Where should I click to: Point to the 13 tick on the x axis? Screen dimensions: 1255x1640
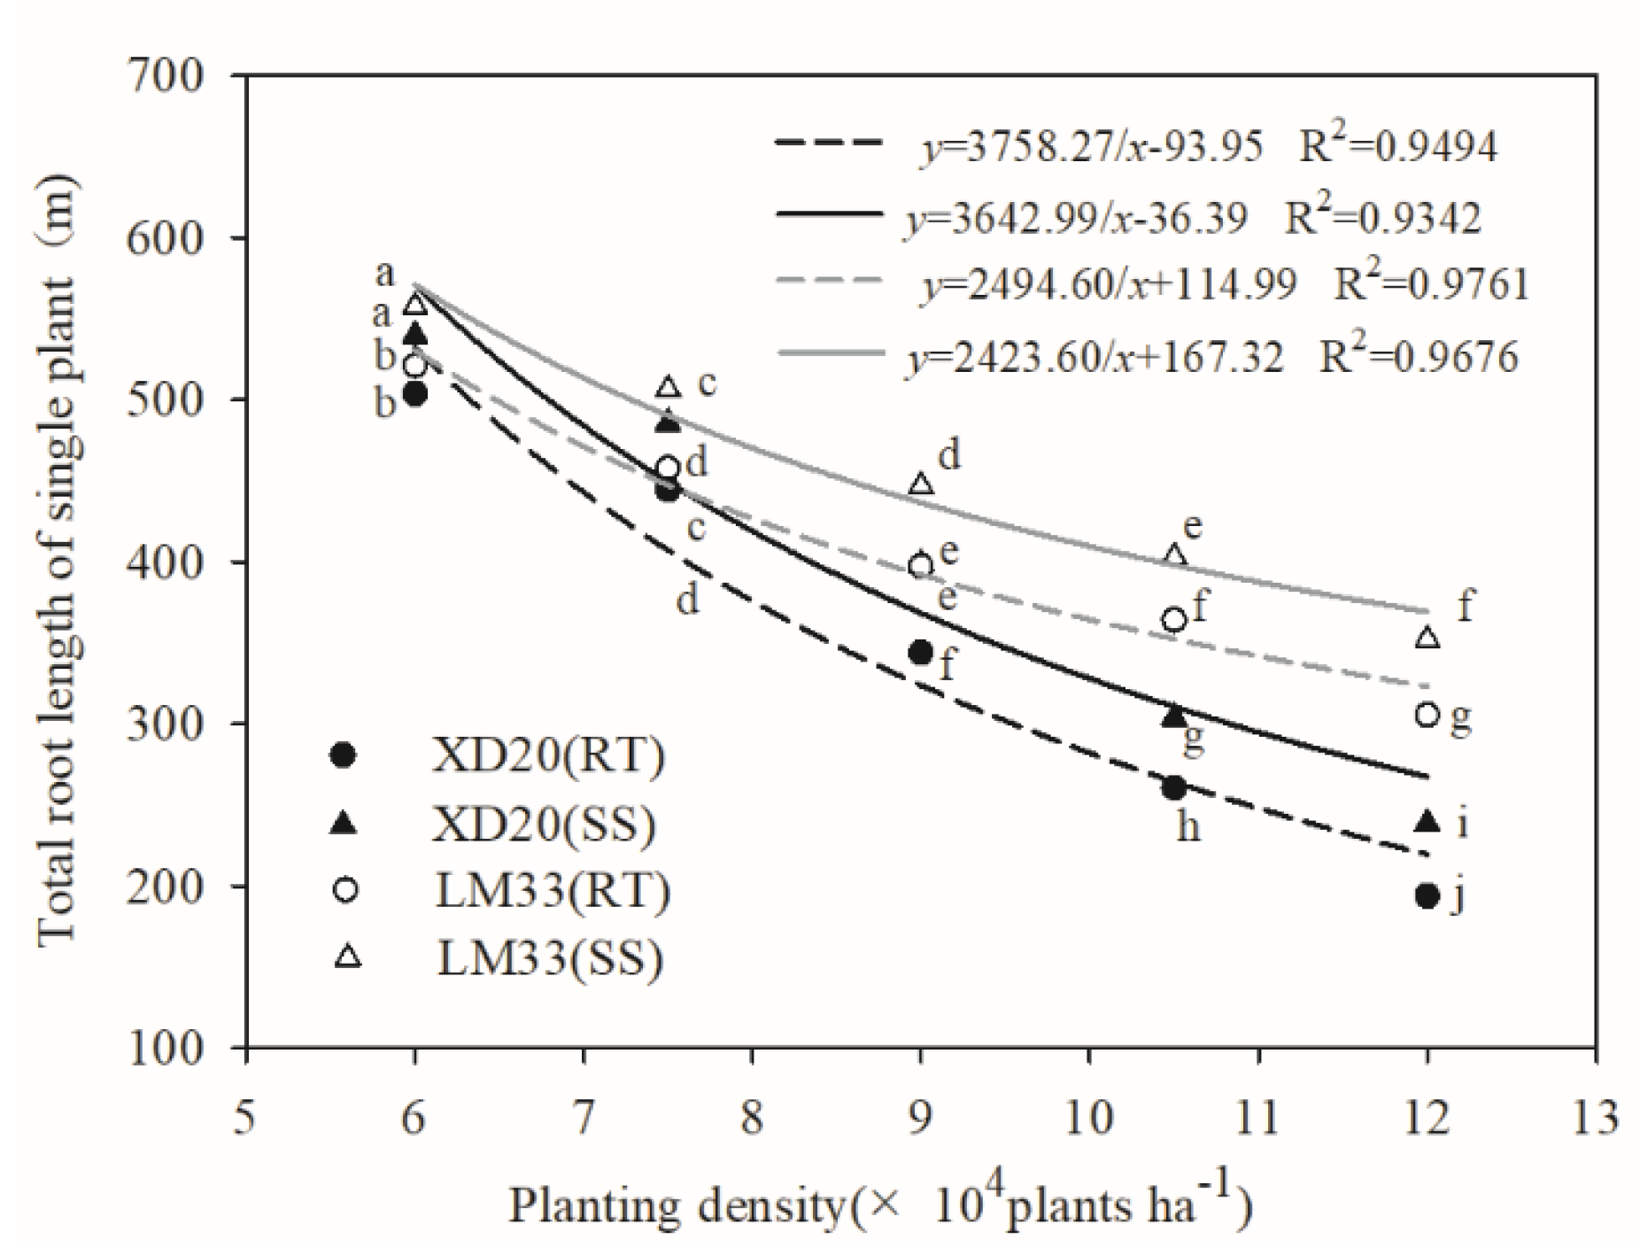pos(1595,1117)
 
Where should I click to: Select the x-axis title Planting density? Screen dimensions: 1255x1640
pos(878,1206)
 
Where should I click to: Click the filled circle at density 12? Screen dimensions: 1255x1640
pos(1426,896)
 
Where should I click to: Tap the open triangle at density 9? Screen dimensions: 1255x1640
pos(921,484)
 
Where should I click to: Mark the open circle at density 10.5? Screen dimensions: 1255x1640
pos(1173,619)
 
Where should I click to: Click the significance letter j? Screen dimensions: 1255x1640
pos(1457,896)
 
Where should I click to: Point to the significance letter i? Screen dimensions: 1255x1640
pos(1463,824)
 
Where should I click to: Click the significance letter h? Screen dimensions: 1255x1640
pos(1188,827)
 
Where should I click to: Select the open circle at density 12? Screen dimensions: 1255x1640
pos(1426,714)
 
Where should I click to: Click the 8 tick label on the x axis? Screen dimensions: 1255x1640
pos(752,1117)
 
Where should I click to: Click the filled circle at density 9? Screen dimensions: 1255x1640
pos(920,653)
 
